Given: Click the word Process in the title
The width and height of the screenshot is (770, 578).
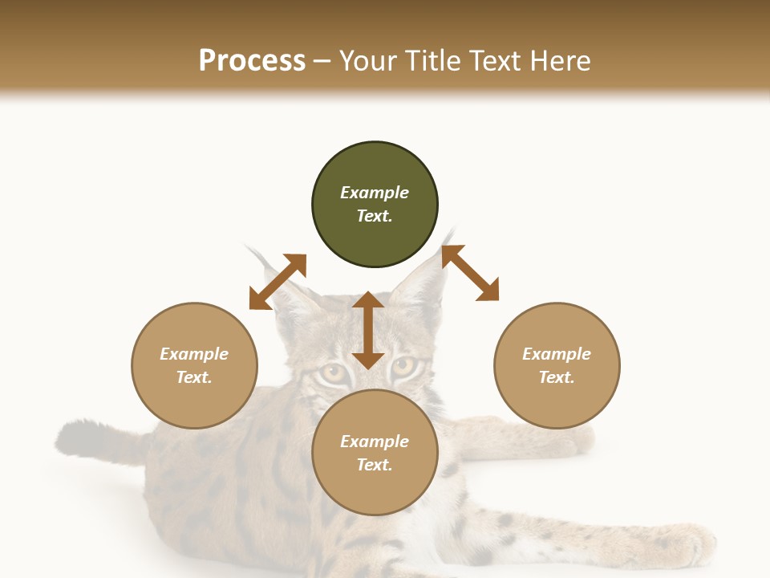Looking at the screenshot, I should [x=252, y=61].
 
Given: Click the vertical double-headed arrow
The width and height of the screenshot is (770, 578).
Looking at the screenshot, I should [x=368, y=330].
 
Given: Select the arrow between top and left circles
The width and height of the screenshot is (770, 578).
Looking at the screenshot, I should [x=278, y=282].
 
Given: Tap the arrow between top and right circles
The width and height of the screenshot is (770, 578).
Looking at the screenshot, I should [x=470, y=273].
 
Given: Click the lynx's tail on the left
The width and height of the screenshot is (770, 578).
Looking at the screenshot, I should [x=88, y=440].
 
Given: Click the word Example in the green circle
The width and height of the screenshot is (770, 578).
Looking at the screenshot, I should [x=375, y=193].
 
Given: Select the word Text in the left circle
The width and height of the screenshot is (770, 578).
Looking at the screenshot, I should [x=194, y=377].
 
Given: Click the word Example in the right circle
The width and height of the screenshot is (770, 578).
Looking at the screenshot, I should [x=557, y=354].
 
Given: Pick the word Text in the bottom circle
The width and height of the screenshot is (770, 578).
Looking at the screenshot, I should [x=375, y=465].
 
